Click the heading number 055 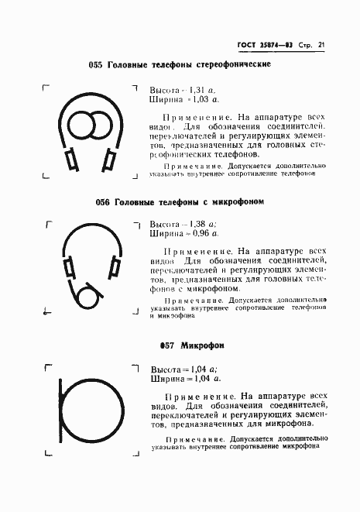96,64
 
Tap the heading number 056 103,202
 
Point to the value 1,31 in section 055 197,89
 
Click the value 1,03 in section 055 200,99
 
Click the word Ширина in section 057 166,379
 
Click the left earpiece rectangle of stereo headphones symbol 70,160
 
